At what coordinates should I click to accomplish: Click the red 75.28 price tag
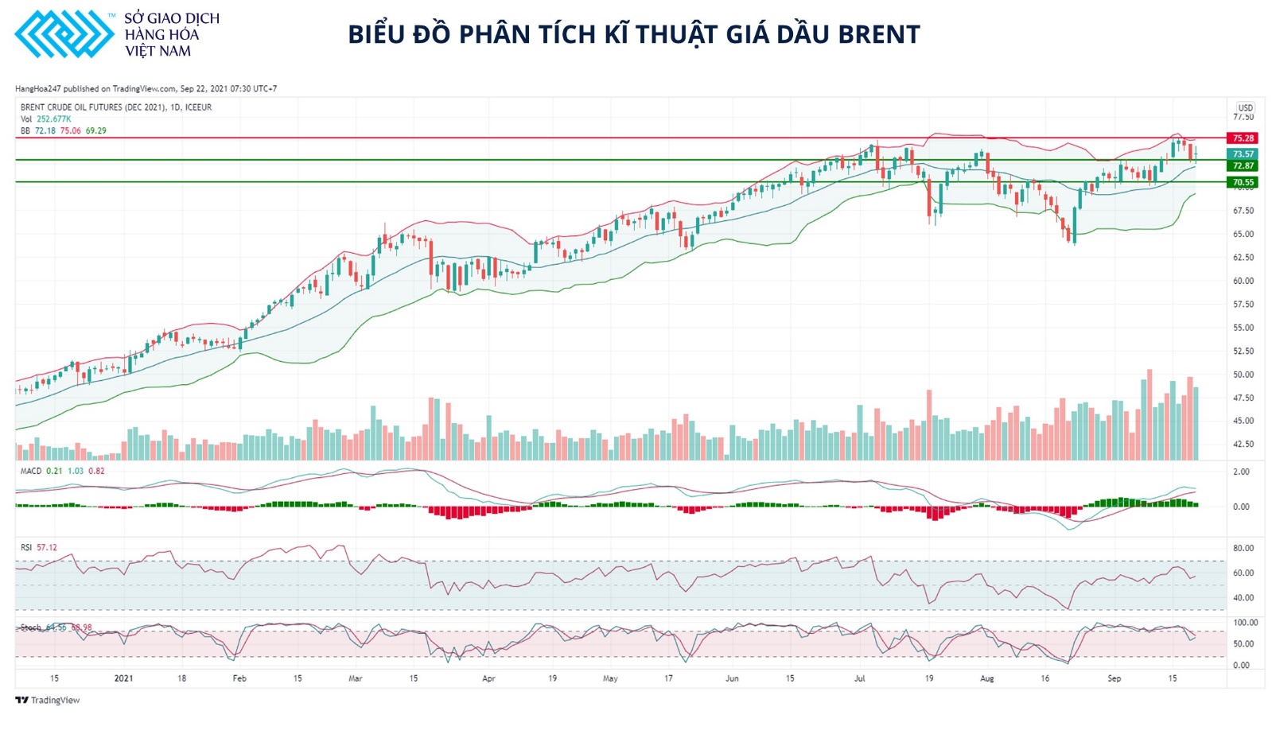click(x=1243, y=138)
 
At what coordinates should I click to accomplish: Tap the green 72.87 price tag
click(x=1243, y=166)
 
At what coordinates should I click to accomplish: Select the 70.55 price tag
click(x=1243, y=183)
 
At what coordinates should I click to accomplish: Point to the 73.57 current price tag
click(x=1243, y=154)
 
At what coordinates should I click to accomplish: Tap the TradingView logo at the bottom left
click(x=48, y=701)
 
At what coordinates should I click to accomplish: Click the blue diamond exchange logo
click(x=64, y=34)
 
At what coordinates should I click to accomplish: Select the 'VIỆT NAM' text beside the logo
click(x=158, y=52)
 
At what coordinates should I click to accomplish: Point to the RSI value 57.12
click(x=47, y=548)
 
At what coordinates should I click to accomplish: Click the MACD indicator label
click(x=31, y=472)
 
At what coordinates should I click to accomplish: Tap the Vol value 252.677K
click(x=53, y=119)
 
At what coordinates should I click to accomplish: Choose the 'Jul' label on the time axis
click(x=859, y=679)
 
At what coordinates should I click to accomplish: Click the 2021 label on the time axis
click(x=123, y=679)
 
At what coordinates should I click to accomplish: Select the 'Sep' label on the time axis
click(x=1114, y=679)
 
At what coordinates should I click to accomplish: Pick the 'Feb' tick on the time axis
click(x=239, y=679)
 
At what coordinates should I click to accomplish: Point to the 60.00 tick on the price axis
click(x=1243, y=282)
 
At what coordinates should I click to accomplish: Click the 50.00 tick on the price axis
click(x=1243, y=375)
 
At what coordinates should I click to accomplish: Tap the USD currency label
click(x=1245, y=108)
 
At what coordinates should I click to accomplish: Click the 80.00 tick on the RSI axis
click(x=1243, y=549)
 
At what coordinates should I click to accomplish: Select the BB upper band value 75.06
click(x=71, y=131)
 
